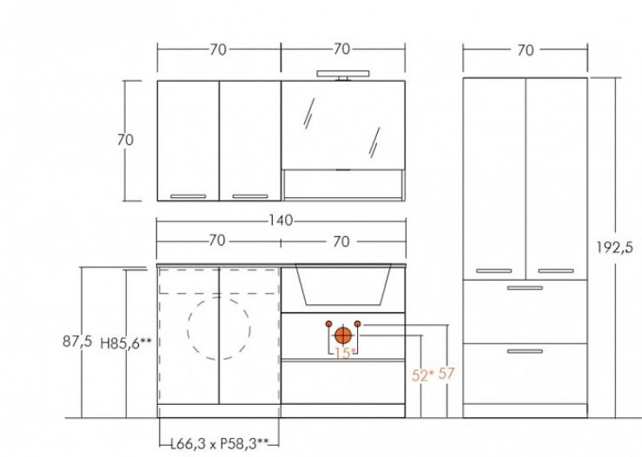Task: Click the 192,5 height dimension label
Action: pos(614,248)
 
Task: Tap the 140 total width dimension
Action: pos(281,221)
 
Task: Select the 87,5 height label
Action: pos(77,341)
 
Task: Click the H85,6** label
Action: pos(126,342)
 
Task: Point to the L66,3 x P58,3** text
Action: pos(220,443)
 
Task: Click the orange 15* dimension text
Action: pos(345,354)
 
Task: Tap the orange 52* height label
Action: pos(422,375)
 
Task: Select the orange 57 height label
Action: pos(447,374)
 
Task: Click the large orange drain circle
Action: pos(342,335)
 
